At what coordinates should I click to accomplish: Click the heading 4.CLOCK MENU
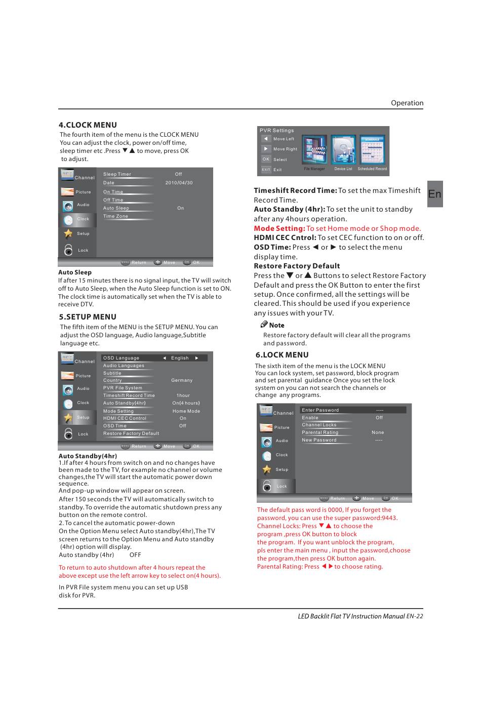click(x=88, y=125)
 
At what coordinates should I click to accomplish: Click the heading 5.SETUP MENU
click(x=88, y=317)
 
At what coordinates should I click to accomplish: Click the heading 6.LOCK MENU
click(x=282, y=355)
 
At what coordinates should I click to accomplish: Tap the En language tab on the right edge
click(x=434, y=194)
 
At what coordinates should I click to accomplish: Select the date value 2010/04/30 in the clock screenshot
click(x=179, y=183)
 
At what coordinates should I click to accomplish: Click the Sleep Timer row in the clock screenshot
click(x=117, y=174)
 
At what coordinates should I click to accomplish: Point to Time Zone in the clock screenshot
click(x=116, y=216)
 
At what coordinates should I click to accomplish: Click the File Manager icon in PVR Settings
click(x=314, y=150)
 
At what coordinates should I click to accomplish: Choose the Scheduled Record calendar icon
click(x=372, y=150)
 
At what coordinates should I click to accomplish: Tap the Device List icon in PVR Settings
click(x=343, y=150)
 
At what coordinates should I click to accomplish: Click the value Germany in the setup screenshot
click(x=182, y=380)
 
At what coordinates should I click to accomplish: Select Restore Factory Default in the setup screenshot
click(x=131, y=433)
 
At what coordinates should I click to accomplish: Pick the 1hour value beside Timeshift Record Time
click(x=183, y=395)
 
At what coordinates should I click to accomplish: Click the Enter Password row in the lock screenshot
click(x=320, y=410)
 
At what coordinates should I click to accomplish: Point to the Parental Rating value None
click(x=378, y=432)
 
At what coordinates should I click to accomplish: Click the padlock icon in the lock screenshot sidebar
click(x=267, y=486)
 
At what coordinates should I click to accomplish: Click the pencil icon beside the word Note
click(x=264, y=325)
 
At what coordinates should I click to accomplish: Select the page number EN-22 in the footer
click(x=414, y=616)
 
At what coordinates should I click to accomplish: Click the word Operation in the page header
click(x=407, y=103)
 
